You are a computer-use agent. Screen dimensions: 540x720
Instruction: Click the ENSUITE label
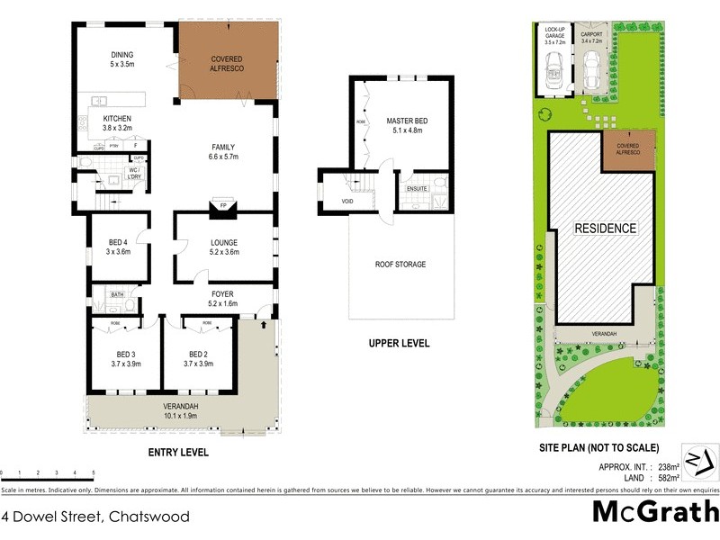click(x=417, y=189)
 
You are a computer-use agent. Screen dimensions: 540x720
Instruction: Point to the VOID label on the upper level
click(x=335, y=202)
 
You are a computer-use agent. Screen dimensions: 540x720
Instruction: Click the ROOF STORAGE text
click(x=400, y=265)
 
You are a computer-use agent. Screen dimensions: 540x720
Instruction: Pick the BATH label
click(x=118, y=294)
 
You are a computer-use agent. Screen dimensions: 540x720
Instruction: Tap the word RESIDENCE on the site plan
click(x=605, y=229)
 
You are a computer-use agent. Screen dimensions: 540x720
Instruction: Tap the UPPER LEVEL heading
click(x=399, y=344)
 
